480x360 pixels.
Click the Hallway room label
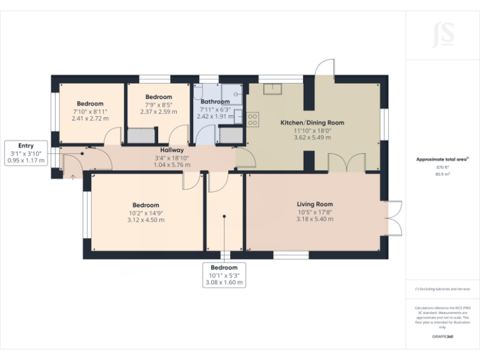171,150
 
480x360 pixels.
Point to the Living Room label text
314,204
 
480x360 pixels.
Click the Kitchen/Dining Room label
312,122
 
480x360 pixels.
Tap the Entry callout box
26,152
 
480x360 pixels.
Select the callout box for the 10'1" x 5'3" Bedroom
224,275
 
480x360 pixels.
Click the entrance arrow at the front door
72,177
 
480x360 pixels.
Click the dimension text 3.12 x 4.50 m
144,220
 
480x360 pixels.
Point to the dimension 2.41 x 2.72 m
90,118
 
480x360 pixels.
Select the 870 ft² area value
442,167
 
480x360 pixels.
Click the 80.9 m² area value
442,174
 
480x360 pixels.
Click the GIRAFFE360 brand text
442,337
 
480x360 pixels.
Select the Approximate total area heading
442,159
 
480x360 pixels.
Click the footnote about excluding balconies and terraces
442,289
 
